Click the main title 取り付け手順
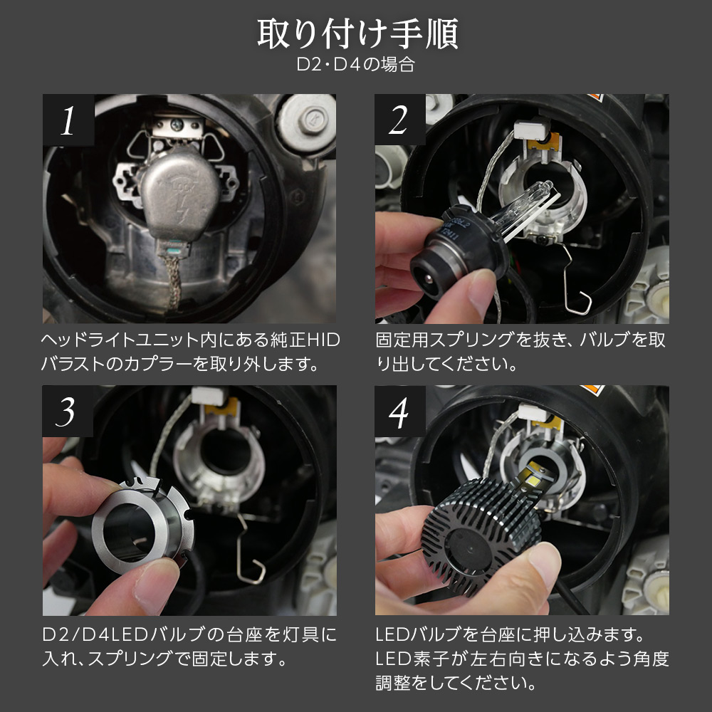click(x=356, y=34)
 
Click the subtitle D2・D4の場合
click(x=356, y=66)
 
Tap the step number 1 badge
click(x=68, y=121)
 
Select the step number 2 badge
click(x=399, y=121)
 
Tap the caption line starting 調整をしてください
click(x=456, y=684)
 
